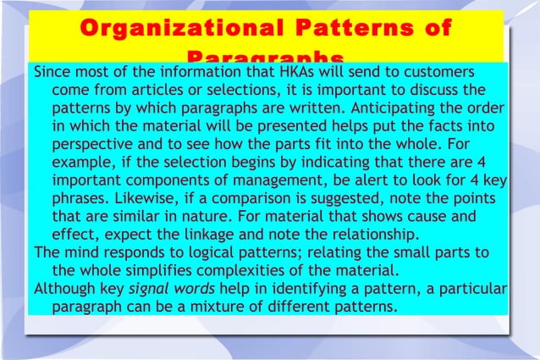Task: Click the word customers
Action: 448,70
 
